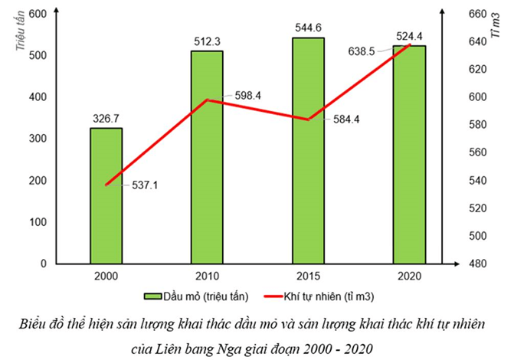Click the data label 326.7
pyautogui.click(x=106, y=119)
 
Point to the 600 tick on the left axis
pyautogui.click(x=38, y=15)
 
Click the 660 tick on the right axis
pyautogui.click(x=456, y=15)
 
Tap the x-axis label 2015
pyautogui.click(x=308, y=277)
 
